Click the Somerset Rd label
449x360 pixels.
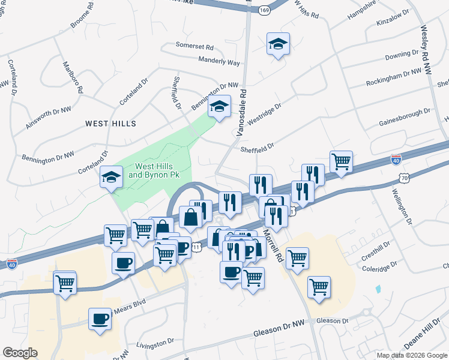[194, 46]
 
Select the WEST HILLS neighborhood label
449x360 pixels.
[110, 124]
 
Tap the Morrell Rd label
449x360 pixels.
[271, 247]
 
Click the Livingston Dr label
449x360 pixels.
[154, 343]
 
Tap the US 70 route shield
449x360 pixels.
[405, 178]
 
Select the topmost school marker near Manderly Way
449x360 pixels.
[278, 44]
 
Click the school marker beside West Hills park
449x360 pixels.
[112, 178]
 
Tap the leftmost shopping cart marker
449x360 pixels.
[65, 283]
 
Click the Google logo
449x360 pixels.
[20, 353]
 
